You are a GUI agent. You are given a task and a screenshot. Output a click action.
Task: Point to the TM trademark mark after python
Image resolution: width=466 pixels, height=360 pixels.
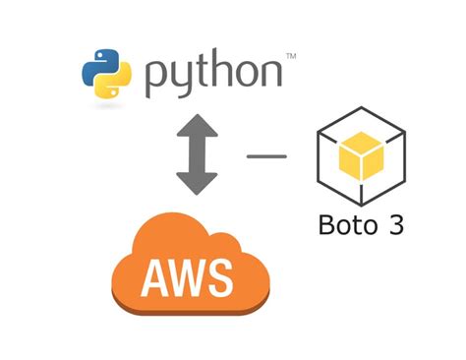(291, 59)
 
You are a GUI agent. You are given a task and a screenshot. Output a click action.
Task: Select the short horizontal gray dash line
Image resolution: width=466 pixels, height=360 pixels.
(265, 154)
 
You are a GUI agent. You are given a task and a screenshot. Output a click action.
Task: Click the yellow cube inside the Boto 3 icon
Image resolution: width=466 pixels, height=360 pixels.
(361, 154)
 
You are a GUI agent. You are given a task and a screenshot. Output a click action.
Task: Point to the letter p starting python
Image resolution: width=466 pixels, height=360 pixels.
(157, 81)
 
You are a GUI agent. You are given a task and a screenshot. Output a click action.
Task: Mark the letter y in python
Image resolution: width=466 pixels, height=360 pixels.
(183, 81)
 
